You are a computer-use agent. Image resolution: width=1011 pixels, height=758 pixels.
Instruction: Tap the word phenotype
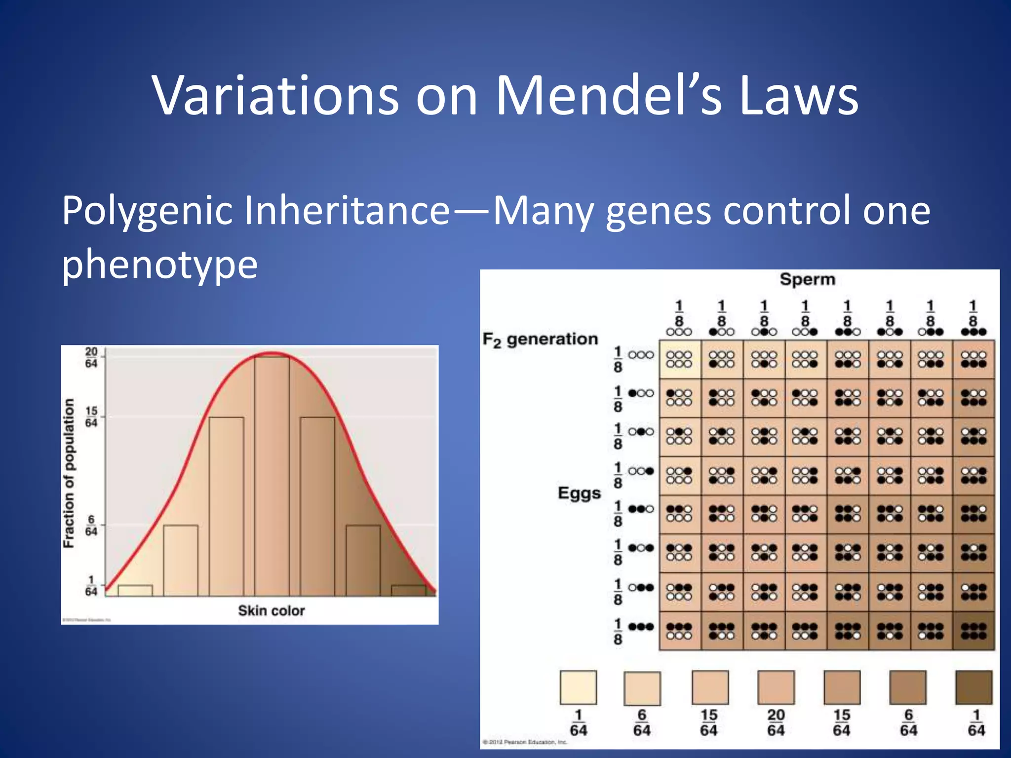pos(159,264)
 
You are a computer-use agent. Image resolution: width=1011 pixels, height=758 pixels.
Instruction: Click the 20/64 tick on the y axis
pos(92,357)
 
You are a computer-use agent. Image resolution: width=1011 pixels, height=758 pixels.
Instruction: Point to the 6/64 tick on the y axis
pos(92,525)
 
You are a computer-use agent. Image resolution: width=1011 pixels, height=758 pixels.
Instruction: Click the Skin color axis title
pos(271,610)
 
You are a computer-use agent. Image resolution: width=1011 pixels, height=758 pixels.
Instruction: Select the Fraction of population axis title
pos(69,473)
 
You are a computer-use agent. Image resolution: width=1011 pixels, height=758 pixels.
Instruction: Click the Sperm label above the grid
pos(807,279)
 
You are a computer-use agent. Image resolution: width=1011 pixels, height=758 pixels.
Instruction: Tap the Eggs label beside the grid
pos(579,493)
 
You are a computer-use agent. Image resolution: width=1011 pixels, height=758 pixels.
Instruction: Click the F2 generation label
pos(540,340)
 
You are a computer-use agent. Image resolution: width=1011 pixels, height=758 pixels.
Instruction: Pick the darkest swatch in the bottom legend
pos(974,687)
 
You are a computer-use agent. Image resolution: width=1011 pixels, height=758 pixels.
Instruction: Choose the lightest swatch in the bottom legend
pos(578,687)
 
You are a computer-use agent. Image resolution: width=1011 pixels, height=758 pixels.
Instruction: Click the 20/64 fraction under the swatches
pos(776,722)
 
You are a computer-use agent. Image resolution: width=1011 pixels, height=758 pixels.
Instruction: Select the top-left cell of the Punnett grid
pos(680,359)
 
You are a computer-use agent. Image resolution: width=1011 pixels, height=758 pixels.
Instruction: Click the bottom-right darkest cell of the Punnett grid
pos(973,631)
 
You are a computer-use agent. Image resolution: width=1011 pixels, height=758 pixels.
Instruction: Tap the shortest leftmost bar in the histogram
pos(135,590)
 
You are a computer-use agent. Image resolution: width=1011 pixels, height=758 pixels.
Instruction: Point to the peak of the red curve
pos(272,353)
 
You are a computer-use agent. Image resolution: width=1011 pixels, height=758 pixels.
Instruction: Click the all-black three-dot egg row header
pos(641,627)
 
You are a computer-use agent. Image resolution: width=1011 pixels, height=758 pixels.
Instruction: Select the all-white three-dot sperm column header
pos(679,332)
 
